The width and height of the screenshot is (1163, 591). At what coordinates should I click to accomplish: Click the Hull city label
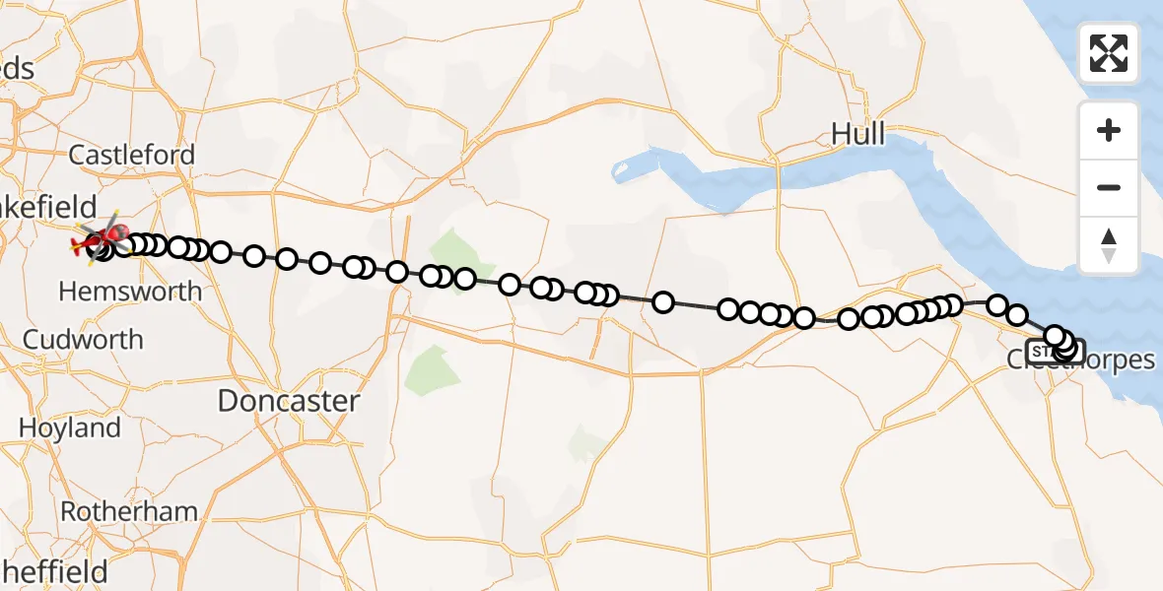coord(858,133)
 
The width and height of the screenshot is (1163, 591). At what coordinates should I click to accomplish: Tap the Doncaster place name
coord(288,401)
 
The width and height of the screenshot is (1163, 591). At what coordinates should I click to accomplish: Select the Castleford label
coord(132,155)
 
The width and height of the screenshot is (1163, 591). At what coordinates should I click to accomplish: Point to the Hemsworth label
coord(130,292)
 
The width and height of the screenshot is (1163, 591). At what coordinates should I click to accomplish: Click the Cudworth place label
coord(83,340)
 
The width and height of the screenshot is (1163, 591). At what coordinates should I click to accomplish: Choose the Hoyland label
coord(69,428)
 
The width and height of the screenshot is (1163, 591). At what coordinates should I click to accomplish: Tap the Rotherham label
coord(129,512)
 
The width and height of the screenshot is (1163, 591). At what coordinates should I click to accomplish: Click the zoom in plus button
coord(1109,130)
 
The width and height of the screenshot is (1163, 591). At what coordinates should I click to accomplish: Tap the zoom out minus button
coord(1109,187)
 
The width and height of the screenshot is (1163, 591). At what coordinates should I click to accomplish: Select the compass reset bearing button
coord(1109,245)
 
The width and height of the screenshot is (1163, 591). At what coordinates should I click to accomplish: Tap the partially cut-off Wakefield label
coord(49,208)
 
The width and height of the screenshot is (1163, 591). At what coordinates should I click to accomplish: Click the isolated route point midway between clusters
coord(663,302)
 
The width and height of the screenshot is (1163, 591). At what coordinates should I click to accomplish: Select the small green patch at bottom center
coord(588,442)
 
